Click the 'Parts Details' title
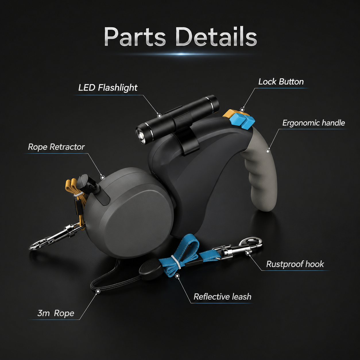tap(180, 36)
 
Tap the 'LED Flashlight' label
tap(108, 88)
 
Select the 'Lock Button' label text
tap(281, 82)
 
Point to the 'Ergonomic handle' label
tap(313, 123)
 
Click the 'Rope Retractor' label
tap(56, 147)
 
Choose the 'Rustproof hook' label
tap(295, 264)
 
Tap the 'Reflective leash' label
tap(222, 297)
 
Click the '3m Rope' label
tap(56, 313)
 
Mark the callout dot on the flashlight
tap(159, 116)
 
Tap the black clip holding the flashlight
tap(187, 135)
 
